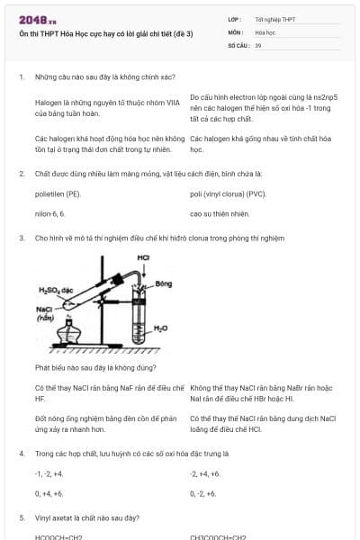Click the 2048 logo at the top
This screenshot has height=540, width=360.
(38, 19)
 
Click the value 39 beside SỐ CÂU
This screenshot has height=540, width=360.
(258, 44)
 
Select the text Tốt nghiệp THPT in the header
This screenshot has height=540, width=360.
(274, 19)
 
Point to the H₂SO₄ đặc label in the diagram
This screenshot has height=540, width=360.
(55, 290)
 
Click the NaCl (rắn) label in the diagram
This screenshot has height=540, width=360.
(44, 313)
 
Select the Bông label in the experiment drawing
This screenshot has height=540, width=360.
(163, 283)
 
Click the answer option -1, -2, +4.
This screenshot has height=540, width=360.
(49, 473)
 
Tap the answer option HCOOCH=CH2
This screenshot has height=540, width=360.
(58, 537)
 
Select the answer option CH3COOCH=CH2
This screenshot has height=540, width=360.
(218, 537)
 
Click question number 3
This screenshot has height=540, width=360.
(22, 238)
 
